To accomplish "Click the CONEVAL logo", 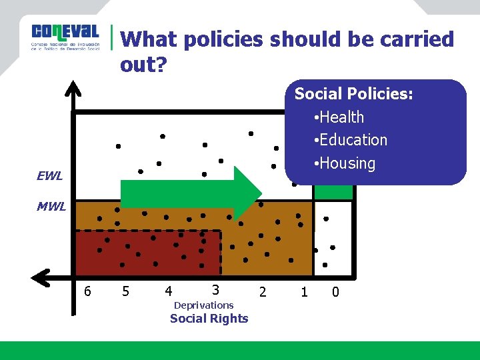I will point(65,37).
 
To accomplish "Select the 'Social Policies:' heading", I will point(353,94).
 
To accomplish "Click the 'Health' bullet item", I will point(341,117).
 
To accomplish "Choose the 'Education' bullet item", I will point(353,140).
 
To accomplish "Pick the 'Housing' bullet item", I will point(347,163).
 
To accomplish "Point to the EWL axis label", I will point(50,177).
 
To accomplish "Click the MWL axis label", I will point(51,207).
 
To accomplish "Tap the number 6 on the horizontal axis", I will point(87,291).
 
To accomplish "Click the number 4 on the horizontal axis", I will point(168,291).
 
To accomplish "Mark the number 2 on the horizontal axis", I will point(263,291).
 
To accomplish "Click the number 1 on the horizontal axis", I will point(304,291).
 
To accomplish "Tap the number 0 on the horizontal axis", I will point(335,291).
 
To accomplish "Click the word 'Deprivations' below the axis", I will point(203,305).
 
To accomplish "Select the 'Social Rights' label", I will point(209,319).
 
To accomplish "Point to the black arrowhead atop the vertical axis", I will point(74,91).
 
